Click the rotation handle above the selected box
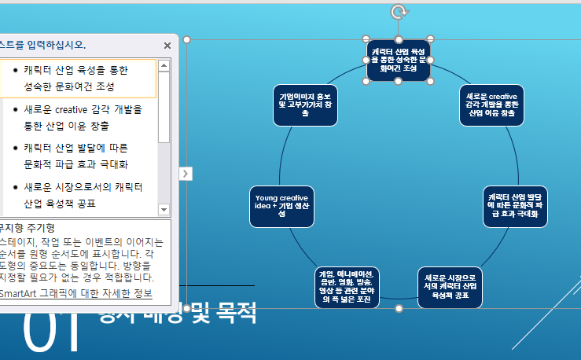(x=399, y=11)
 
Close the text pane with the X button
(x=167, y=46)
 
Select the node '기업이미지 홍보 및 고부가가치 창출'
(x=305, y=105)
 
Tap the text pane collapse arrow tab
(x=186, y=173)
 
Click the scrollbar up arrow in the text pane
(x=164, y=66)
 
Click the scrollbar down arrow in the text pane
(x=164, y=210)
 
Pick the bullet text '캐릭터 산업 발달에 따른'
(x=70, y=148)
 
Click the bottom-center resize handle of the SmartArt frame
(x=399, y=308)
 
